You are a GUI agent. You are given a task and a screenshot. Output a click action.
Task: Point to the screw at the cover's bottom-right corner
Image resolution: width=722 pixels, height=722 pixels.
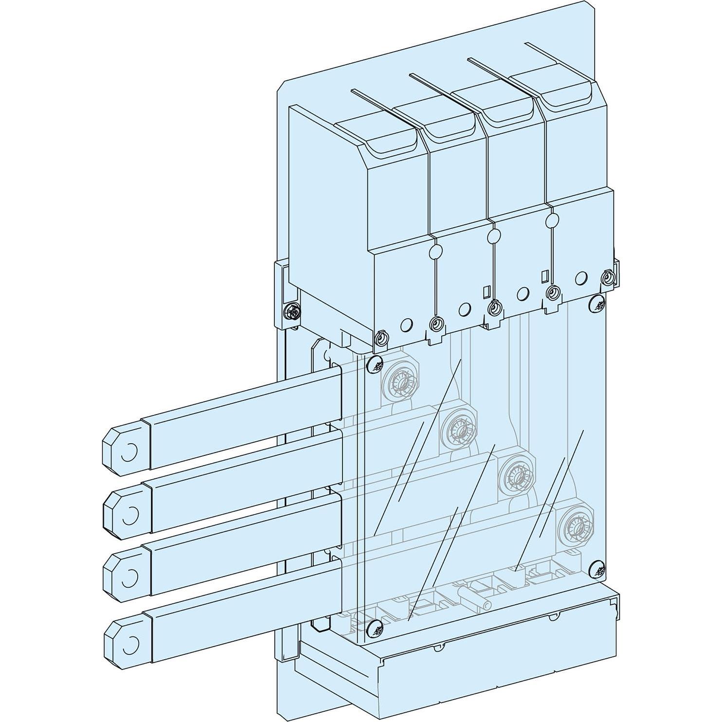[598, 568]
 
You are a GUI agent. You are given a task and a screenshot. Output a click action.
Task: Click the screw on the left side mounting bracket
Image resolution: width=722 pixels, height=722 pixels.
[293, 310]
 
